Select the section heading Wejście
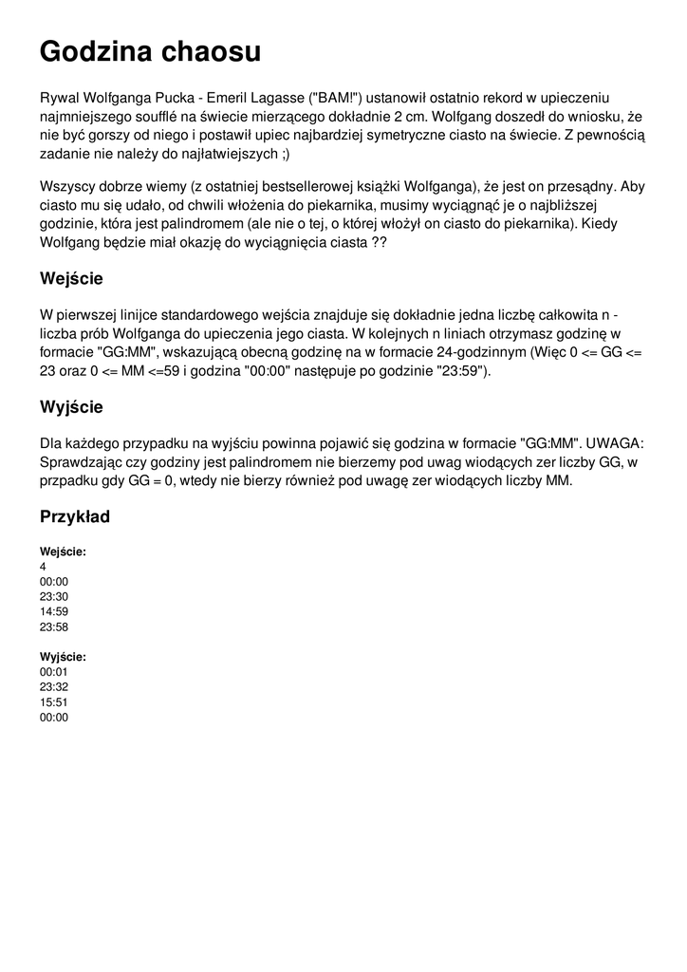click(x=71, y=279)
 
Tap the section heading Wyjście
click(x=71, y=407)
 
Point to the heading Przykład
click(x=75, y=517)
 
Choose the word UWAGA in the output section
click(x=613, y=443)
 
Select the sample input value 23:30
click(x=54, y=597)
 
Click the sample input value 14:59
click(x=54, y=612)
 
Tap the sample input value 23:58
click(x=54, y=627)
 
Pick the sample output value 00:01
click(x=54, y=672)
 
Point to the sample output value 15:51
click(x=54, y=702)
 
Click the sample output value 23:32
click(x=54, y=687)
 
